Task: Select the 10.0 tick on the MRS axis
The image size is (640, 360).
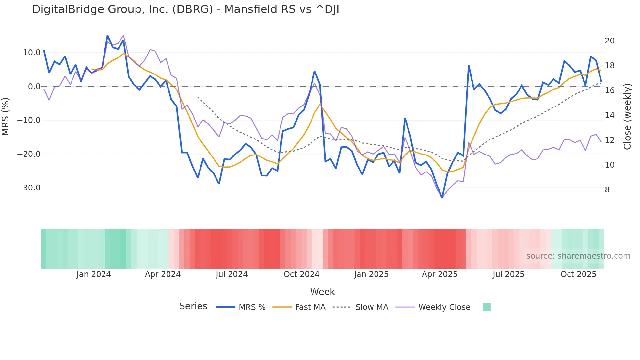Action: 32,53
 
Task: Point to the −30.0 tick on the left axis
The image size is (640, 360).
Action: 29,188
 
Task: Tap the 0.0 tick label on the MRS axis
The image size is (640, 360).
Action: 34,87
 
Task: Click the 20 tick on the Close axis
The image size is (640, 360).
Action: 609,41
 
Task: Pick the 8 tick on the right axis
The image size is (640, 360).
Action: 607,190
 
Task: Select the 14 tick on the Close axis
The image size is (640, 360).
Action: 609,115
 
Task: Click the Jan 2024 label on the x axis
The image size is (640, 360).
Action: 94,274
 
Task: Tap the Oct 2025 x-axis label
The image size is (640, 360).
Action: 578,274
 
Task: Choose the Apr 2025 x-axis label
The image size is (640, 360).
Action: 440,274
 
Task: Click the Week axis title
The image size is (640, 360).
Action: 322,292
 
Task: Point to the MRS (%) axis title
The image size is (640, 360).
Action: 6,116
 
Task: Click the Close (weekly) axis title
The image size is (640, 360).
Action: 627,116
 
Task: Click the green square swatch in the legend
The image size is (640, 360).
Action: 487,307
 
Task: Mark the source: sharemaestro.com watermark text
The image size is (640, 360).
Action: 578,256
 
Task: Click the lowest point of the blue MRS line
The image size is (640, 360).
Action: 442,198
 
